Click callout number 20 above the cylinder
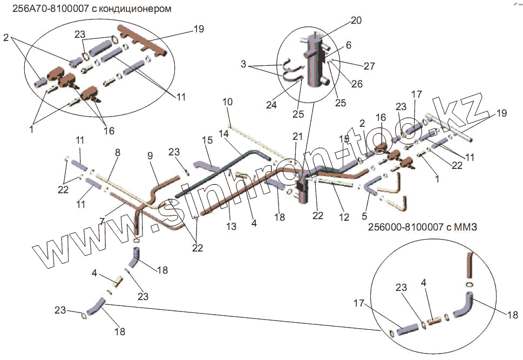(356, 21)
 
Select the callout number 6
(349, 46)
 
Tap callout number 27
(369, 66)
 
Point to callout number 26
(357, 84)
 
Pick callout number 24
(271, 105)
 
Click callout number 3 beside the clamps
(244, 64)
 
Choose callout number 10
(227, 101)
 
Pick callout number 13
(231, 227)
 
